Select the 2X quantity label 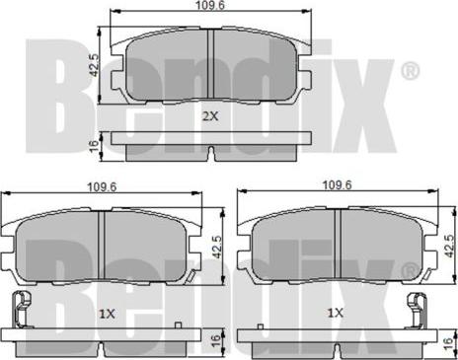tap(210, 116)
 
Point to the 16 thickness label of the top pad tap(94, 145)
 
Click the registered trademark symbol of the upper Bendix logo tap(411, 72)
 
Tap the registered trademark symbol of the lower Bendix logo tap(411, 269)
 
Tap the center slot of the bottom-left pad tap(104, 247)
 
